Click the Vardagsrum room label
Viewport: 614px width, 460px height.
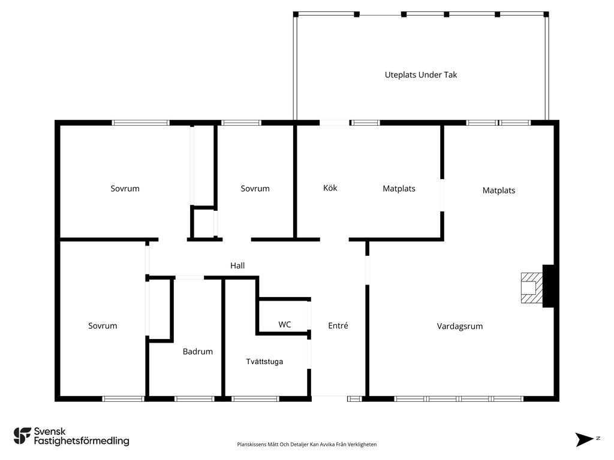click(x=460, y=326)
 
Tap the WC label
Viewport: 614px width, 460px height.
click(x=285, y=325)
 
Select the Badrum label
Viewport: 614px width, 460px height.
click(x=198, y=352)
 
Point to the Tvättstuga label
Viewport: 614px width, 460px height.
click(x=264, y=361)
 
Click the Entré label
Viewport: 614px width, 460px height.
click(x=338, y=325)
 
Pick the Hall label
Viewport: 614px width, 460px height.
click(x=237, y=265)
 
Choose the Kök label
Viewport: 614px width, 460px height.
click(x=330, y=187)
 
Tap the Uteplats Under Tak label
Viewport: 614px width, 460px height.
click(x=421, y=75)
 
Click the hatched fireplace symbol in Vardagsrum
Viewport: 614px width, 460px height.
click(x=532, y=288)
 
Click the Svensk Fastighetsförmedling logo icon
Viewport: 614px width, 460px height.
click(x=22, y=436)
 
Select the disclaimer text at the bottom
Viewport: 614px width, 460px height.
click(x=306, y=444)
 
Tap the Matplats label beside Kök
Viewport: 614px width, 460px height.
click(x=399, y=189)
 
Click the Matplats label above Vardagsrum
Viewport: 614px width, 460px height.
click(x=499, y=190)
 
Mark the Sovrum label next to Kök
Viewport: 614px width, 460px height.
click(x=255, y=189)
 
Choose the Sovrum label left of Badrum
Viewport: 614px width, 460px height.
click(x=103, y=326)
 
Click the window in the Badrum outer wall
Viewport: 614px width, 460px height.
click(x=194, y=399)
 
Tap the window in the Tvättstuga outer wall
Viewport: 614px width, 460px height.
click(x=255, y=399)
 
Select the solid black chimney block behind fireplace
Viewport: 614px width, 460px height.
click(x=548, y=286)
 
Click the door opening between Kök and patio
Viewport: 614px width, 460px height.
click(x=334, y=123)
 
